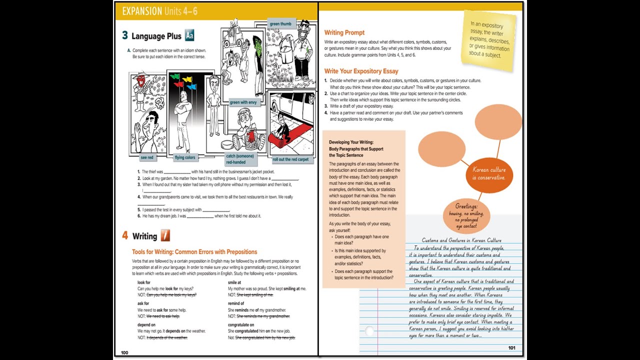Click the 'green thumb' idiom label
(280, 23)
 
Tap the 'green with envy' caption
(243, 102)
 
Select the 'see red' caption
(147, 157)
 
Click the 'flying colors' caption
(185, 157)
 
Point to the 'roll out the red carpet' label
(290, 159)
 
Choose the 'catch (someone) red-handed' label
(240, 159)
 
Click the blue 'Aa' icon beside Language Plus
(189, 35)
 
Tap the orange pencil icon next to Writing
(165, 235)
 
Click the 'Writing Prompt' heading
(344, 32)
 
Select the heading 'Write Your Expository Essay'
(361, 71)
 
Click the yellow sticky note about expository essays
(488, 40)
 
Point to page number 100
(124, 352)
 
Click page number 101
(511, 348)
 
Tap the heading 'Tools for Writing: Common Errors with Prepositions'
(194, 252)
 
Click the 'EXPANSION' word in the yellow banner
(142, 11)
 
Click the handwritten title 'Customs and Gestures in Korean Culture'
(461, 240)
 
